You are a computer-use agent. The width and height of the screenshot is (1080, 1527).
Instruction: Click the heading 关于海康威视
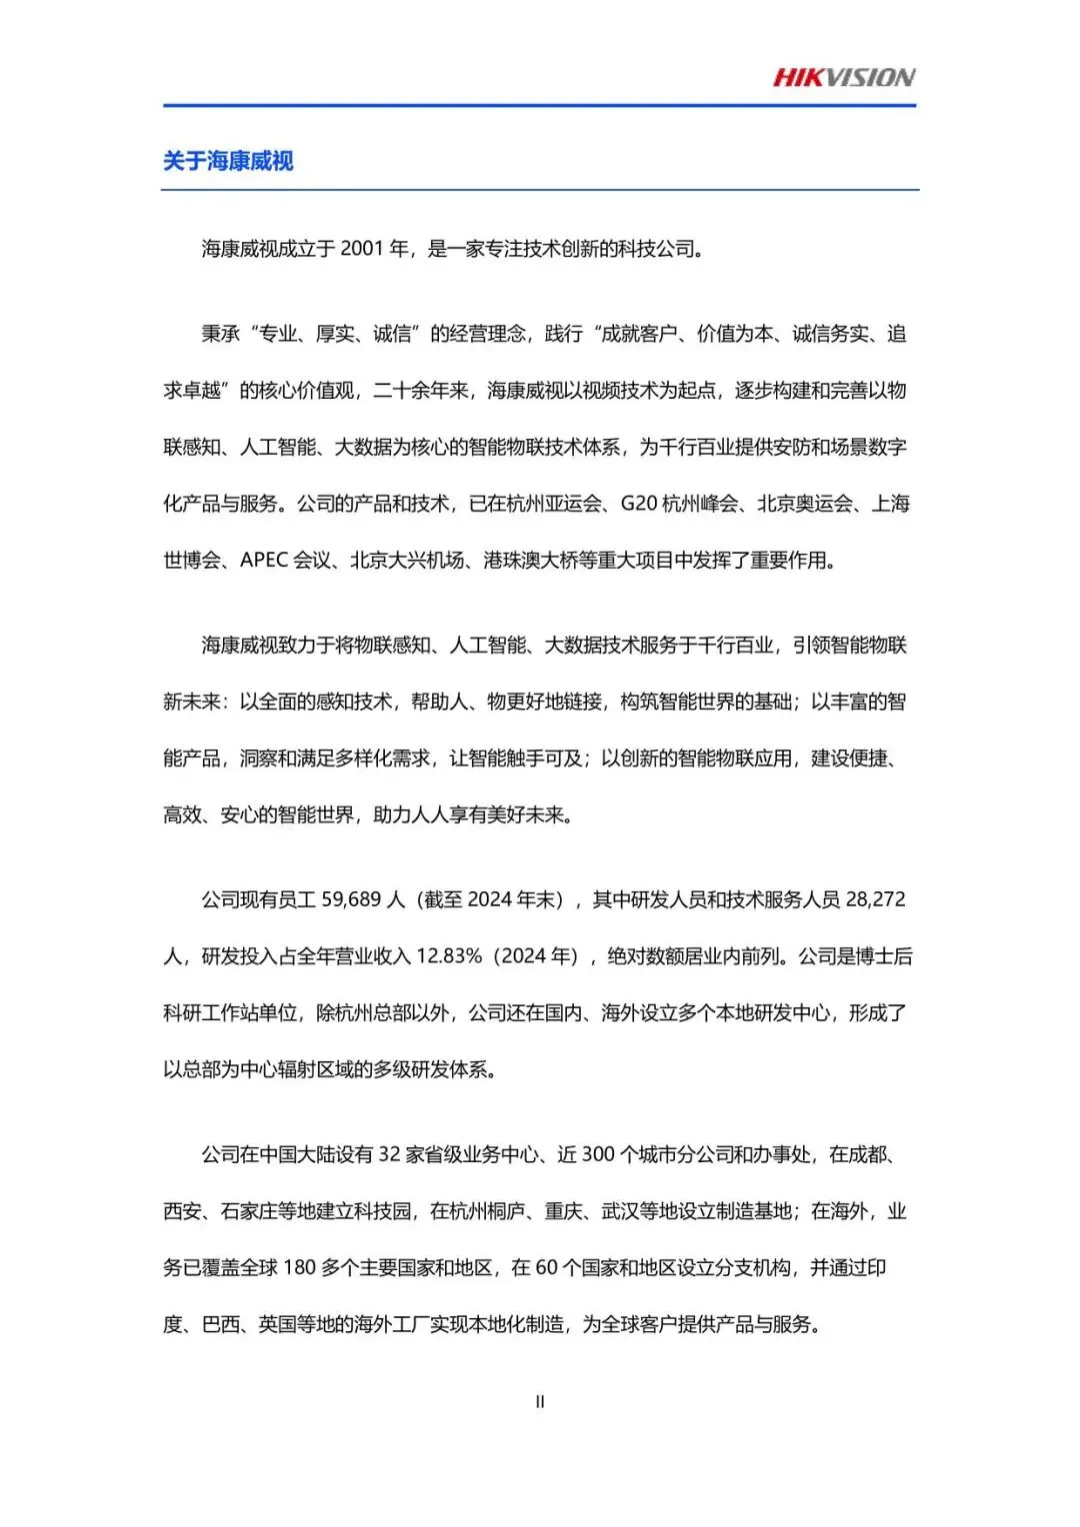(x=228, y=161)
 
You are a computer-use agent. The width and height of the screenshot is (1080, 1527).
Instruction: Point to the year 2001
(x=362, y=249)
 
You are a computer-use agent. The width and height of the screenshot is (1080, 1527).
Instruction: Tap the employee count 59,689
(x=351, y=899)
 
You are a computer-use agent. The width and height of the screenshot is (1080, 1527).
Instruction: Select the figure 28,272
(x=875, y=899)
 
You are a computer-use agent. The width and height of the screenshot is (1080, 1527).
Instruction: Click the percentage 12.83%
(x=449, y=956)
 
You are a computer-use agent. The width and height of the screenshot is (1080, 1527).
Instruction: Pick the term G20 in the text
(x=639, y=504)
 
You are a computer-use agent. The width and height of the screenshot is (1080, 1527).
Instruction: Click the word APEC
(x=264, y=561)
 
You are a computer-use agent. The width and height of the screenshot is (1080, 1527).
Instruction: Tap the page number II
(x=540, y=1402)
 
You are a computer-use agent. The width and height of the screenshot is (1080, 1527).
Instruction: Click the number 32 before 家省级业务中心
(x=389, y=1155)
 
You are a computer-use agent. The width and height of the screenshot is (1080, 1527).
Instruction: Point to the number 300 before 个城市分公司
(x=598, y=1155)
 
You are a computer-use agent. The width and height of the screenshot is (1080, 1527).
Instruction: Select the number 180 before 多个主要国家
(x=300, y=1268)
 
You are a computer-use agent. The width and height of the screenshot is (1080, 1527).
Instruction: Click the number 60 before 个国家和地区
(x=546, y=1268)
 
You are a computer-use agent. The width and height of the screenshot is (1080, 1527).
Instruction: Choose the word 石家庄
(x=249, y=1212)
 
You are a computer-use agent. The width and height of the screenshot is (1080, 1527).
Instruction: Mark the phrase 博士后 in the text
(x=884, y=956)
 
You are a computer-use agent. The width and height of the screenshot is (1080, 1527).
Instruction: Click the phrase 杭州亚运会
(x=553, y=504)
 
